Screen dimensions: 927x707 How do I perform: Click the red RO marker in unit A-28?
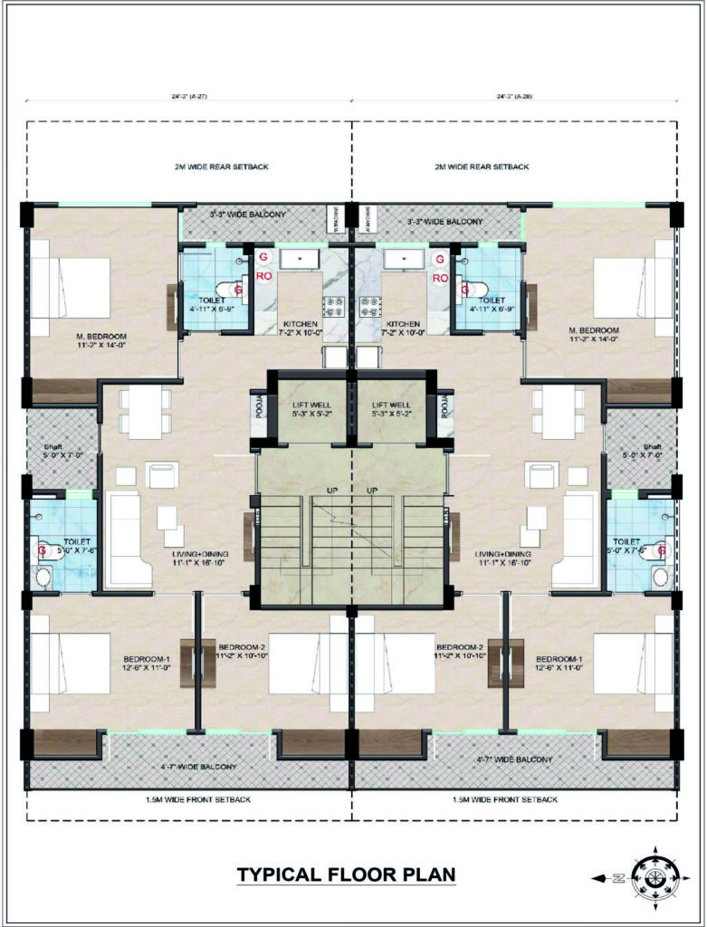tap(441, 278)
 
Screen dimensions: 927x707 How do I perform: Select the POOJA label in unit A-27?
tap(256, 409)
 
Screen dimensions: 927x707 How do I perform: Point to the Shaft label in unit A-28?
tap(654, 447)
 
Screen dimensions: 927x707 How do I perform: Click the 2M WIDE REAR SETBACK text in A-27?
tap(221, 167)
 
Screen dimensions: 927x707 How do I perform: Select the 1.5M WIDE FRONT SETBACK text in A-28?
tap(504, 800)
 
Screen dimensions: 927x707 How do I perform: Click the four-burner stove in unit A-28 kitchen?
tap(369, 307)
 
